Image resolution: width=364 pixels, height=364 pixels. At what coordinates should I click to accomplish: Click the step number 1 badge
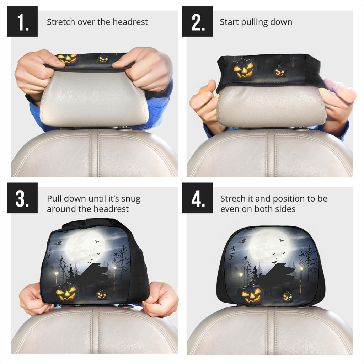click(22, 21)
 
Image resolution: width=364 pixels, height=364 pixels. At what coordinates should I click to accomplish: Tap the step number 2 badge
click(197, 21)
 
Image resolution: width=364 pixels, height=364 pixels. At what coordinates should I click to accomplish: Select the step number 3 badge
click(22, 198)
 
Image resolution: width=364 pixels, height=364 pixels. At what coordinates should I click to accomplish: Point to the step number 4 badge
click(197, 198)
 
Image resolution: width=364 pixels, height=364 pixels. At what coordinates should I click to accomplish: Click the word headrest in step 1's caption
click(130, 22)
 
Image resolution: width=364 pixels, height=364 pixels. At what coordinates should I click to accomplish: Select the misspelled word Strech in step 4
click(232, 199)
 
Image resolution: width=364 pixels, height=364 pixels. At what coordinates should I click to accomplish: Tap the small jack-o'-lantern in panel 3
click(102, 294)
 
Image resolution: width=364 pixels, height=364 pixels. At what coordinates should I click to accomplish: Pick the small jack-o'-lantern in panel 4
click(287, 296)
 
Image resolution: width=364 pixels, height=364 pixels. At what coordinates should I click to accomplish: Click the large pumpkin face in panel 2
click(244, 68)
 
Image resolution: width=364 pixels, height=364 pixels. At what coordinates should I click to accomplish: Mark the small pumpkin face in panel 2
click(280, 71)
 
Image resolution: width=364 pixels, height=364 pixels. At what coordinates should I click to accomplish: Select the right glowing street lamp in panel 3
click(114, 268)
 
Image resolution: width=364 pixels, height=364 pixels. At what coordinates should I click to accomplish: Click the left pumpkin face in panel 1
click(68, 59)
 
